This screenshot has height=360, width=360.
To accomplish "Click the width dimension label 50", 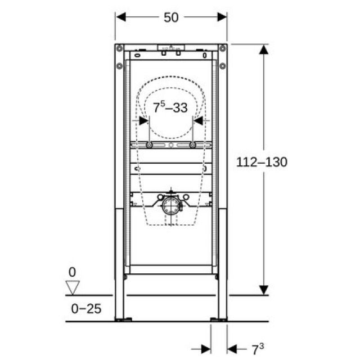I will (171, 17).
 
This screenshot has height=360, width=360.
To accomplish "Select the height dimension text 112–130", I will (262, 163).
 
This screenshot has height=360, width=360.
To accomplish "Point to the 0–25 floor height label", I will (86, 309).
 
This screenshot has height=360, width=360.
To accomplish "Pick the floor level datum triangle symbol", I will (72, 289).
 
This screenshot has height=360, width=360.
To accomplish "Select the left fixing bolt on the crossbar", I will (150, 145).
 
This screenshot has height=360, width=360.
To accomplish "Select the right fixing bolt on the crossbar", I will (193, 145).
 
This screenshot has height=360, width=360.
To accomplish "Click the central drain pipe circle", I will (171, 207).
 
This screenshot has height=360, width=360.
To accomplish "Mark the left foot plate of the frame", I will (123, 319).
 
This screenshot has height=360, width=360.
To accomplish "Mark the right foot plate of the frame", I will (219, 319).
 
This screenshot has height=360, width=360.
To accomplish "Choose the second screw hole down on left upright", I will (119, 66).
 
